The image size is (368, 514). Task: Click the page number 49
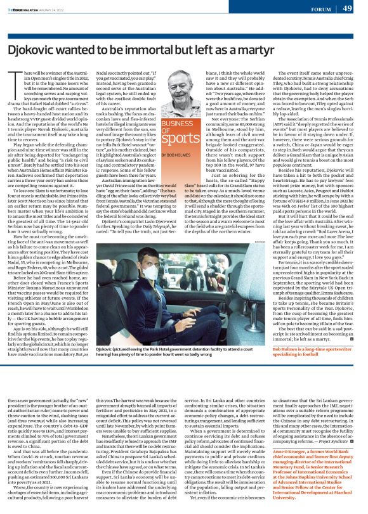348,8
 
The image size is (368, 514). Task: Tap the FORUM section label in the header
320,8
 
